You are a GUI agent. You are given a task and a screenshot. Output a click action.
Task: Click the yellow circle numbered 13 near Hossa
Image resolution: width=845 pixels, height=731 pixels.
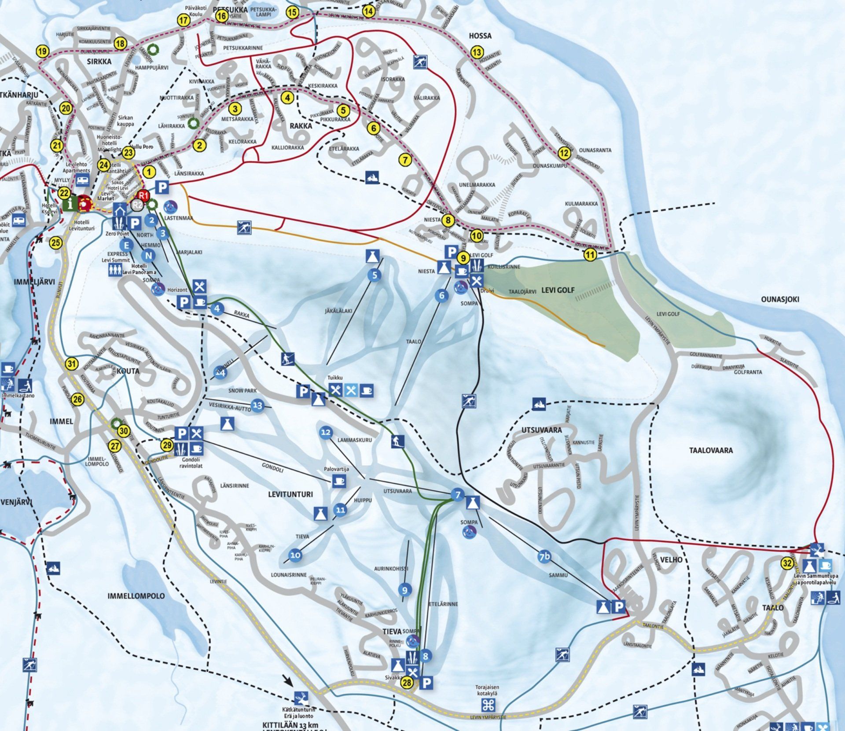point(477,52)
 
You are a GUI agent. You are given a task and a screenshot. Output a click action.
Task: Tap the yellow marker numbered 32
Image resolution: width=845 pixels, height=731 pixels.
point(787,564)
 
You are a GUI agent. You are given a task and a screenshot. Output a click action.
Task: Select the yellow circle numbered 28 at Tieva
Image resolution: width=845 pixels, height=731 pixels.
point(407,683)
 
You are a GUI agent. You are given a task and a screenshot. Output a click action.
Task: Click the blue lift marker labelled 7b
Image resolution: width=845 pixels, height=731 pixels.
point(544,557)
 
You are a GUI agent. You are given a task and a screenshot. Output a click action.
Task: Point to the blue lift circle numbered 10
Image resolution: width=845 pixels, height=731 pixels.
point(295,555)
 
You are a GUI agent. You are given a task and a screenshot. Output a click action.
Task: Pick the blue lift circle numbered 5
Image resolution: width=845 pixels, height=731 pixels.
point(375,276)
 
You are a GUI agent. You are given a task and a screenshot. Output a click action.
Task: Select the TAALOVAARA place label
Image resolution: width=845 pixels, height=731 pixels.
point(711,450)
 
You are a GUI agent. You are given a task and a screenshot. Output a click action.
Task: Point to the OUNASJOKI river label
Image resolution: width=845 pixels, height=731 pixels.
point(780,299)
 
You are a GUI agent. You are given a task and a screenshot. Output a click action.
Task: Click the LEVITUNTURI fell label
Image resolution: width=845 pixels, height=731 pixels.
point(290,494)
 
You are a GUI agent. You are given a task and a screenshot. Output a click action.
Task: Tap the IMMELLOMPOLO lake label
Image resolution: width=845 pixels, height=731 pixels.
point(136,596)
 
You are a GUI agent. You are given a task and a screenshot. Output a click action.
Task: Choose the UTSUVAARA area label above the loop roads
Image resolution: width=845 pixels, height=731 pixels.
point(541,430)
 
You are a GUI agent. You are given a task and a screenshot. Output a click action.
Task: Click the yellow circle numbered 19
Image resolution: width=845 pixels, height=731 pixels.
point(42,51)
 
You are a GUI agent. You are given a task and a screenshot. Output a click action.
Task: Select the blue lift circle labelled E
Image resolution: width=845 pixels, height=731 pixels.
point(127,245)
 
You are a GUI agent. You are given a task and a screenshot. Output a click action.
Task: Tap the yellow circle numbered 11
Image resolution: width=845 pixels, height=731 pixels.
point(590,254)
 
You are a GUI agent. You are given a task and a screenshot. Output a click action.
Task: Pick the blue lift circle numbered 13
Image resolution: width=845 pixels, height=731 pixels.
point(257,405)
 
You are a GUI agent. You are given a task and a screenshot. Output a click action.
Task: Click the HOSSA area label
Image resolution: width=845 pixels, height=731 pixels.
point(480,36)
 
